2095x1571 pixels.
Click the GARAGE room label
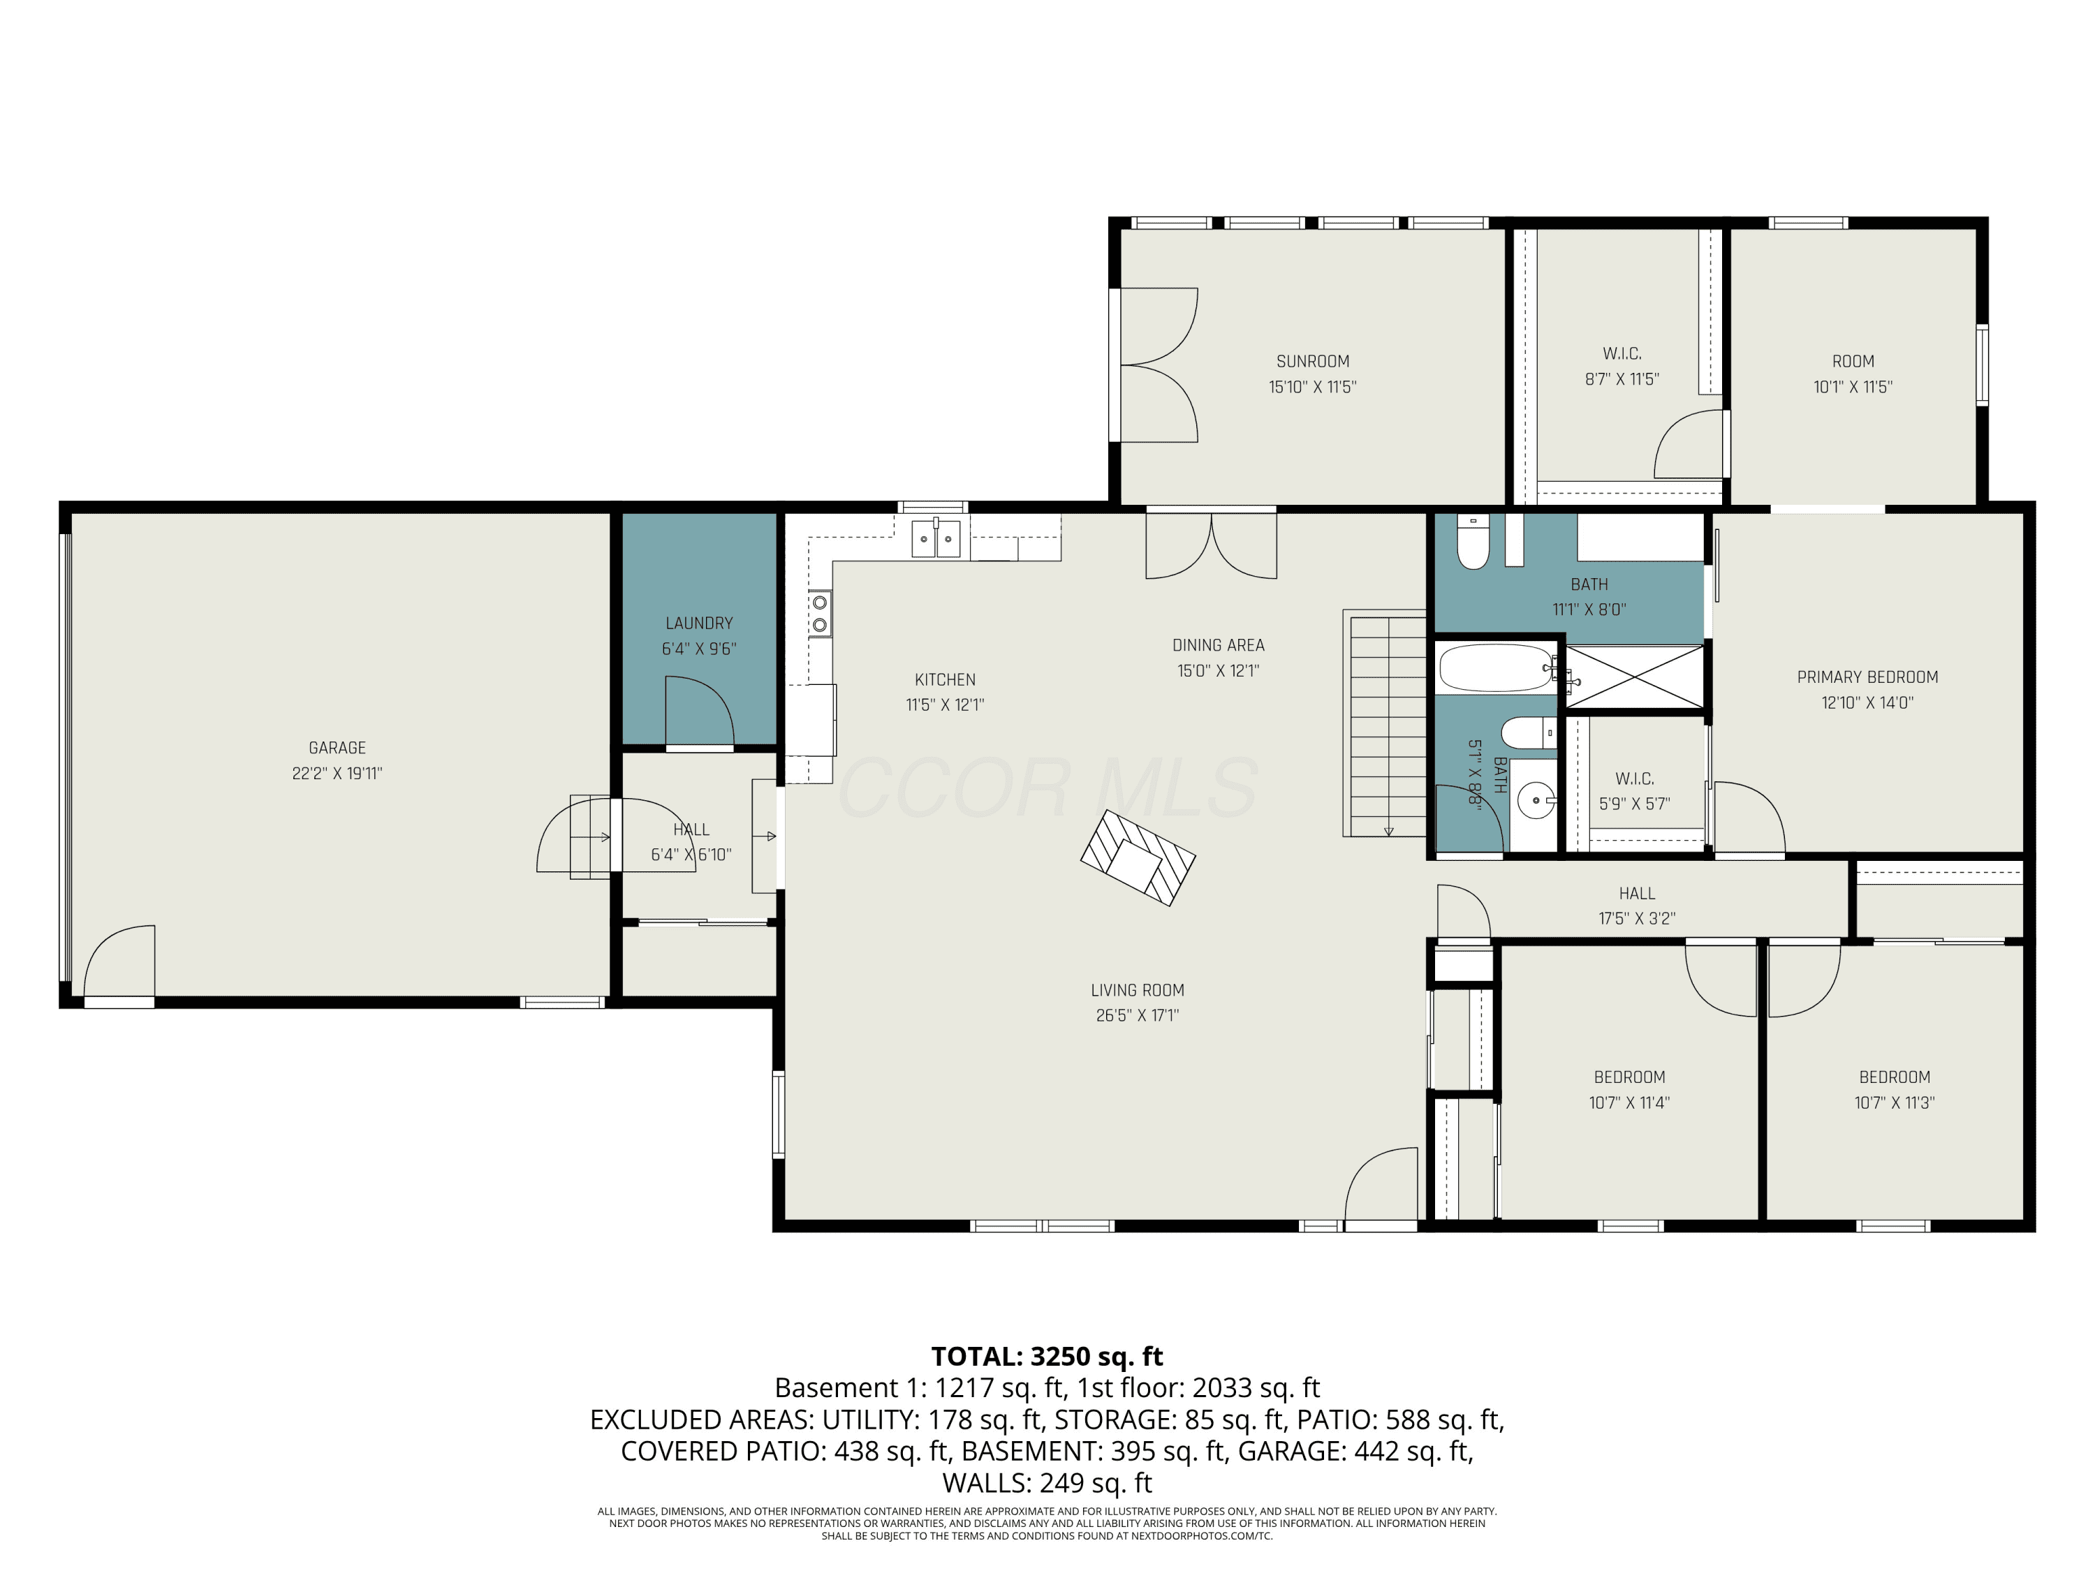(337, 748)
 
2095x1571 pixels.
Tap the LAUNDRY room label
(699, 623)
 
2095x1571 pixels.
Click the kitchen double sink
(936, 538)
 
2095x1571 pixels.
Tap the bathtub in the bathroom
(1497, 669)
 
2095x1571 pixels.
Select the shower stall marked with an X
(1634, 676)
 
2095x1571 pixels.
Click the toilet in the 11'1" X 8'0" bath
(1473, 542)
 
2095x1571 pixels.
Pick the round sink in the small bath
(1535, 800)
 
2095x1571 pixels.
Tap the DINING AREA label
(1218, 645)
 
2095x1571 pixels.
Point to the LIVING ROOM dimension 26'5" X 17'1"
(1138, 1015)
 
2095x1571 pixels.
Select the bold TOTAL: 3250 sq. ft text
(1047, 1356)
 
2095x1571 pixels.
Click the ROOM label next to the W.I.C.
(1853, 361)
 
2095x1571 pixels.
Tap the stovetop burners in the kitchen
(821, 614)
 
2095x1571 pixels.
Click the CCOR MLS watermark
(1047, 788)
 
